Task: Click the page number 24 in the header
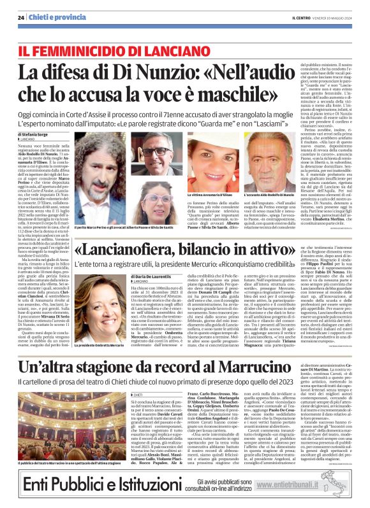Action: [x=21, y=8]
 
